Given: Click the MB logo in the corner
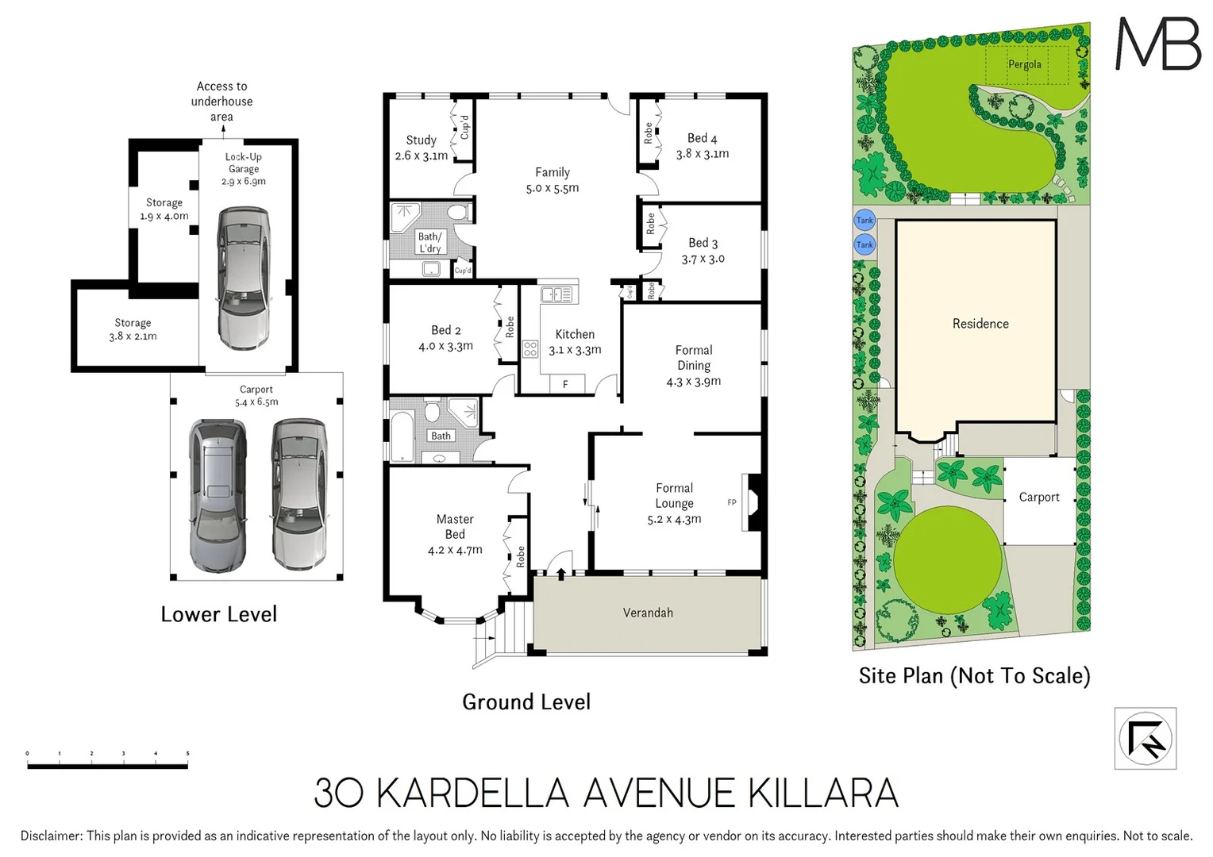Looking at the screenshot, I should pyautogui.click(x=1157, y=44).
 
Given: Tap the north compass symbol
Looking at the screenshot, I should pyautogui.click(x=1145, y=739).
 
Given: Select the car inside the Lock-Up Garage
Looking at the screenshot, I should pyautogui.click(x=243, y=278).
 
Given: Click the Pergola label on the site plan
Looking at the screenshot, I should pyautogui.click(x=1024, y=64).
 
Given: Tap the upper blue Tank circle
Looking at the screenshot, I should pyautogui.click(x=865, y=221).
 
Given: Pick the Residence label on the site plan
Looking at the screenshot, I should pyautogui.click(x=980, y=324).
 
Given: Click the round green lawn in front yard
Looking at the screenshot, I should pyautogui.click(x=947, y=560).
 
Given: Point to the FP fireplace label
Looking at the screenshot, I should pyautogui.click(x=732, y=502).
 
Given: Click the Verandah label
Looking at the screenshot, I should pyautogui.click(x=648, y=613).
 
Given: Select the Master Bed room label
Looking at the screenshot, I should pyautogui.click(x=455, y=527).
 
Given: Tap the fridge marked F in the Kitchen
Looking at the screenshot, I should pyautogui.click(x=565, y=385).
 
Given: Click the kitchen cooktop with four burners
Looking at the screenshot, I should pyautogui.click(x=530, y=348).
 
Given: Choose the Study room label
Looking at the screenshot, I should pyautogui.click(x=421, y=140).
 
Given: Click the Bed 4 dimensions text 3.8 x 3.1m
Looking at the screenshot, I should pyautogui.click(x=703, y=154).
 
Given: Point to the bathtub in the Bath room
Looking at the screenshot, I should pyautogui.click(x=402, y=436).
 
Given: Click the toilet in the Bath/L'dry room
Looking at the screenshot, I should pyautogui.click(x=457, y=213).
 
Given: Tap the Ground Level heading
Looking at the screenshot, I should pyautogui.click(x=526, y=702).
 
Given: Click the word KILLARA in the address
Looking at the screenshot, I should pyautogui.click(x=823, y=794).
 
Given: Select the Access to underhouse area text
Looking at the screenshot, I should pyautogui.click(x=221, y=102).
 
